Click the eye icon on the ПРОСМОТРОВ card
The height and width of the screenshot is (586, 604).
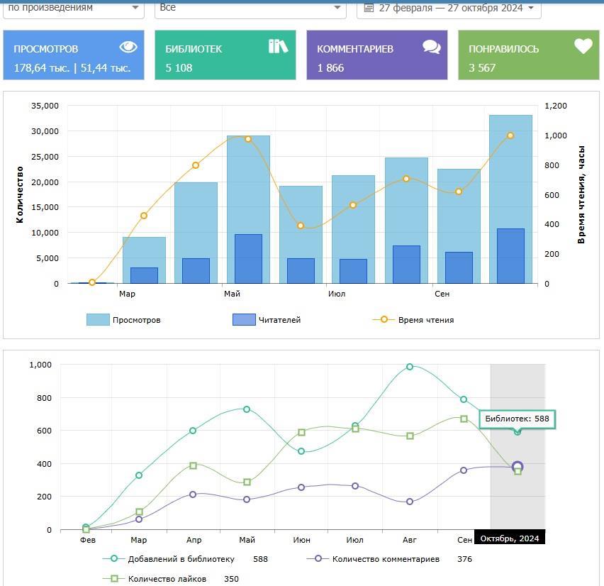(x=128, y=47)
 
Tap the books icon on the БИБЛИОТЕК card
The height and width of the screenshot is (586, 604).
(x=278, y=47)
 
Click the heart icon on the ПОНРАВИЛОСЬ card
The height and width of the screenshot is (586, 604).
(x=583, y=47)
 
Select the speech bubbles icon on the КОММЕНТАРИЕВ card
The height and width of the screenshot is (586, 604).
(x=431, y=48)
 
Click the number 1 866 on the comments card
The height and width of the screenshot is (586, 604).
(x=330, y=68)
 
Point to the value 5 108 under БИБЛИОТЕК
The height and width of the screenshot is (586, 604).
(x=179, y=68)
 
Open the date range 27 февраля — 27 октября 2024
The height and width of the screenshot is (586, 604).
(x=450, y=8)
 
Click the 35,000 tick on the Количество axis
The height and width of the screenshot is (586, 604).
(x=45, y=106)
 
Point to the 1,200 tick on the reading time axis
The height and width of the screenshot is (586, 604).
(x=556, y=106)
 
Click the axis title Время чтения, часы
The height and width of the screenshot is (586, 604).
(x=581, y=194)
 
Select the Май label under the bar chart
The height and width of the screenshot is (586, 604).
(x=232, y=294)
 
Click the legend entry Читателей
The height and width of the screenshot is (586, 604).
(x=267, y=320)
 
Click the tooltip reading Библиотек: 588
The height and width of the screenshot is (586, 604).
(x=517, y=419)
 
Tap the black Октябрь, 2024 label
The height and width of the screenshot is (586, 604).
(x=509, y=538)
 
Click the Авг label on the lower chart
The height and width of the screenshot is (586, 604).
(x=410, y=540)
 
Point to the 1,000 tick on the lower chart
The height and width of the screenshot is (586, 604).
(x=40, y=365)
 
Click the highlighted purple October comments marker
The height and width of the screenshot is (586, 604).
(x=518, y=467)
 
